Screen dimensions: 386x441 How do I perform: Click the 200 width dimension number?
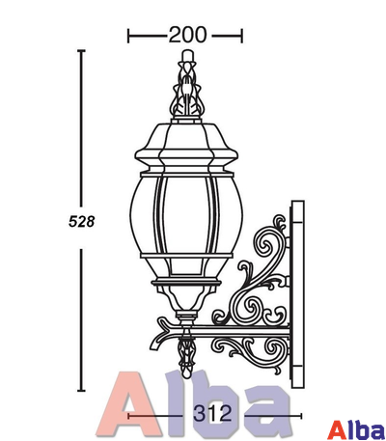(187, 35)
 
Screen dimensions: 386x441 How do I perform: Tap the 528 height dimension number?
(82, 222)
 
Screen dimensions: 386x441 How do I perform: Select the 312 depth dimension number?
(212, 413)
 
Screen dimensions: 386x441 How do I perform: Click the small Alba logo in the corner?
(358, 429)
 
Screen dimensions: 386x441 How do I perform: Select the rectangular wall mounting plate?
(297, 294)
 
